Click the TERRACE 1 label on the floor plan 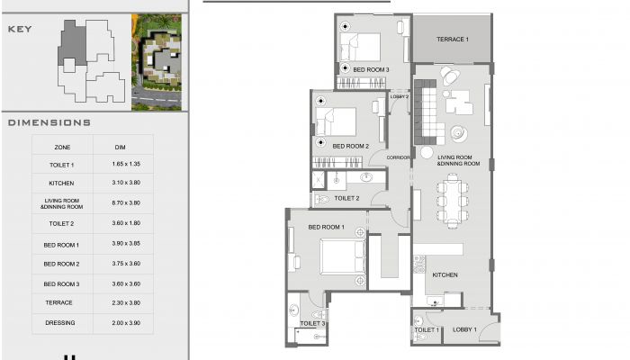point(453,40)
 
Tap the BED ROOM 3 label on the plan point(371,70)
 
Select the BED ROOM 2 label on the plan point(350,146)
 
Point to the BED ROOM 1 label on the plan point(326,227)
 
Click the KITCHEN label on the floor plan point(445,274)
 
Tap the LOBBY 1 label point(464,329)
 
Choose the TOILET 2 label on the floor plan point(346,198)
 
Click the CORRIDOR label point(398,157)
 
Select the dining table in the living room point(453,201)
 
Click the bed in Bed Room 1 point(343,257)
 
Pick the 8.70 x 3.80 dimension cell point(126,202)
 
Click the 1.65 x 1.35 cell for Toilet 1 point(126,164)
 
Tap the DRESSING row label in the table point(60,322)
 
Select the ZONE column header point(62,148)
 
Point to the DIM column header point(120,148)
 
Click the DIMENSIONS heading point(49,122)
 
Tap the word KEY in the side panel point(20,29)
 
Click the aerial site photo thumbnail point(157,62)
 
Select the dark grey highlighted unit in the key point(72,43)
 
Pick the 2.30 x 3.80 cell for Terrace point(126,303)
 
